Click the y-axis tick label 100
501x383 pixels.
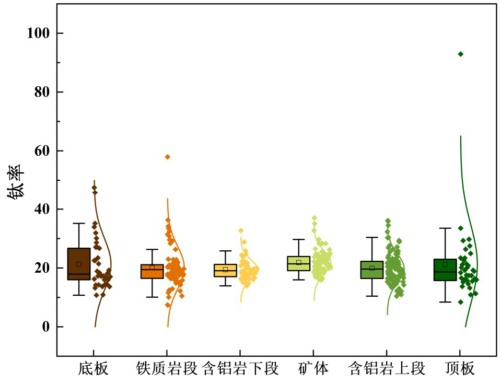pos(38,33)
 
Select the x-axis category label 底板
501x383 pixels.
pos(94,369)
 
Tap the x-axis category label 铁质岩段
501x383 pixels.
pos(167,369)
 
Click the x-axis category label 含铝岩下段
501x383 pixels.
pos(240,369)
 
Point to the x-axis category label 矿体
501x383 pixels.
pos(313,369)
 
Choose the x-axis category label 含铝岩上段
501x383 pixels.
pos(387,369)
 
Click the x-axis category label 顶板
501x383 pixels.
pos(460,369)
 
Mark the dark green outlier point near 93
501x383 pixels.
pos(460,54)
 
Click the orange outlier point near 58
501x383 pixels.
pos(168,157)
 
